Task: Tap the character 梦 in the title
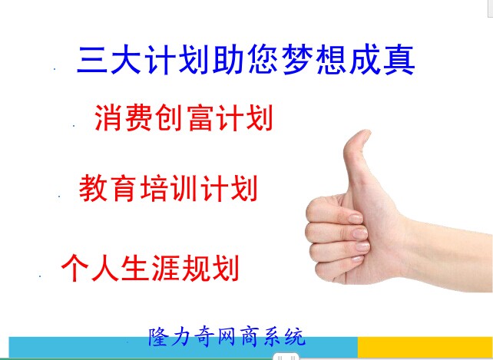299,61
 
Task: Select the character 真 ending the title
399,61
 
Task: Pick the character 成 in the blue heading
366,61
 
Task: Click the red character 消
108,118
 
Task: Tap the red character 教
92,188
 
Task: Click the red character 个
74,268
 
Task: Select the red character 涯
165,268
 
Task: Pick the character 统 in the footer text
295,337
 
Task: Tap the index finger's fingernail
356,219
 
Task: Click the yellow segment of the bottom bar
425,346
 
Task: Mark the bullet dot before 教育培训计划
59,197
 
